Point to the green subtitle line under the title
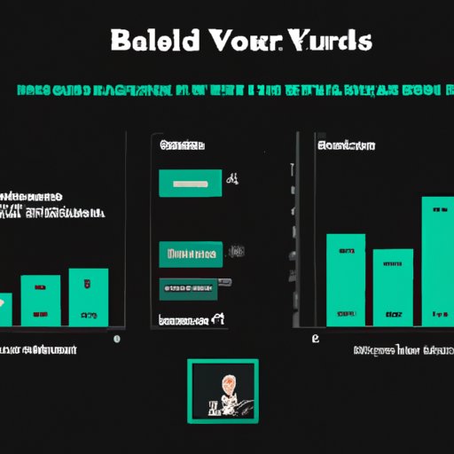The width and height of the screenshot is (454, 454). (x=227, y=90)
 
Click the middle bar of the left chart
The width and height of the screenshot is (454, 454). (x=41, y=299)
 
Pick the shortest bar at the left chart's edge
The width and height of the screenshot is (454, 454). (x=5, y=308)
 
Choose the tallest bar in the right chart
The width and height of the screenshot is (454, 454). (x=436, y=257)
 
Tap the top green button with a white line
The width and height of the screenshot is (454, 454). (x=190, y=183)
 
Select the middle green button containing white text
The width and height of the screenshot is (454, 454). (x=189, y=254)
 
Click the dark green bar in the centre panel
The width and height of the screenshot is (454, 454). (x=188, y=287)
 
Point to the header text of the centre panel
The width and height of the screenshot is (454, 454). (x=181, y=144)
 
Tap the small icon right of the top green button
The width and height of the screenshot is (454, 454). (x=232, y=180)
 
